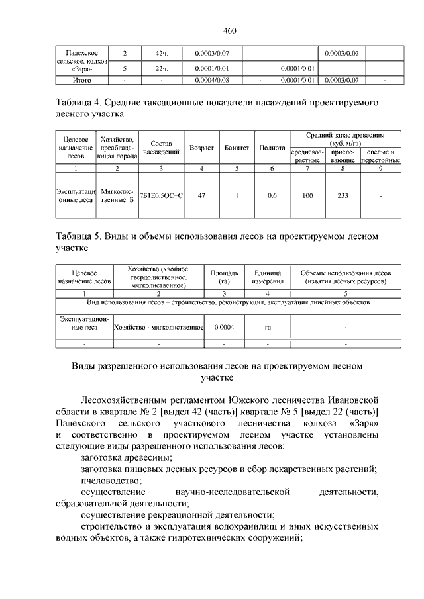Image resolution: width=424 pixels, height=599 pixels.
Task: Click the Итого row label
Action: [81, 80]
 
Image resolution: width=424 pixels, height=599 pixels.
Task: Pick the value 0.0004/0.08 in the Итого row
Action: [212, 80]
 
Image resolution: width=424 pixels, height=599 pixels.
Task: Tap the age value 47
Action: [201, 195]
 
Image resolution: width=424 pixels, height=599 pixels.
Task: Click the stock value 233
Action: [343, 195]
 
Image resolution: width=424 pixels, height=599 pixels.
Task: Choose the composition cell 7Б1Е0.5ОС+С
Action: [161, 195]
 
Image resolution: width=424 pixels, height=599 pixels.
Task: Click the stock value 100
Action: [307, 195]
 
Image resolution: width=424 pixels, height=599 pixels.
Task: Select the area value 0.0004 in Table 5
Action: [224, 326]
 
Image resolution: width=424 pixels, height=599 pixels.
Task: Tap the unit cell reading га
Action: [268, 326]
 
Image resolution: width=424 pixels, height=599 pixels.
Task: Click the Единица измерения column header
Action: [268, 277]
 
